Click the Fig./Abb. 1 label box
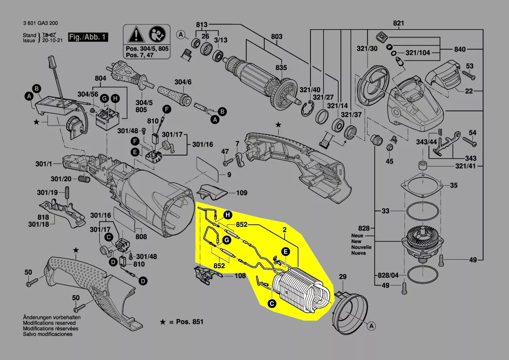(x=88, y=37)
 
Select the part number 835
(x=281, y=68)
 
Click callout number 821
(x=399, y=23)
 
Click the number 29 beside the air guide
(x=343, y=277)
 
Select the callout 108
(x=240, y=276)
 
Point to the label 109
(x=242, y=192)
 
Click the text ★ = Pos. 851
(x=182, y=322)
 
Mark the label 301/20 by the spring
(x=61, y=179)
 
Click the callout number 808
(x=141, y=237)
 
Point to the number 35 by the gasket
(x=454, y=186)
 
